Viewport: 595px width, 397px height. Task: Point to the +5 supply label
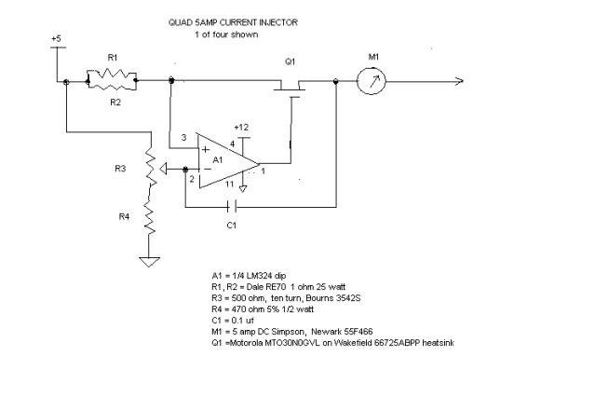[56, 39]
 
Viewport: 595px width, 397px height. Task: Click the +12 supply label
[241, 127]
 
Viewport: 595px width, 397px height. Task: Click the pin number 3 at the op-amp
[184, 138]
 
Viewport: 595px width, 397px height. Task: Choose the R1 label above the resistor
[113, 58]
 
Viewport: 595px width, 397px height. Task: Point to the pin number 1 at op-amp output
[264, 170]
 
